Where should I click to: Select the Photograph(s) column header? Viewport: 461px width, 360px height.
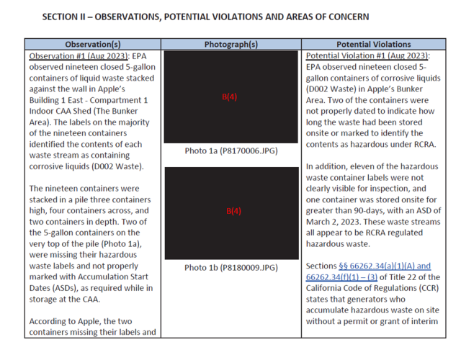point(231,44)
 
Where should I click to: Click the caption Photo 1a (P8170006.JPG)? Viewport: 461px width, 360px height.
point(231,151)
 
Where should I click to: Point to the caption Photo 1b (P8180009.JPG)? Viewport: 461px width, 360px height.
point(231,268)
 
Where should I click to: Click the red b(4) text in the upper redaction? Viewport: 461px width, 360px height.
point(231,99)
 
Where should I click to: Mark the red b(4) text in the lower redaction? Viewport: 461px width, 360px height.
point(231,212)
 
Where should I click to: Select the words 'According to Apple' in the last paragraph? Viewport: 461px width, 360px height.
point(65,321)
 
